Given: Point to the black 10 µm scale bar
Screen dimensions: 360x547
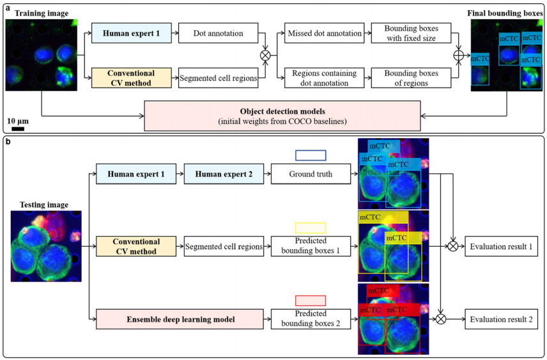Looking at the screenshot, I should (18, 129).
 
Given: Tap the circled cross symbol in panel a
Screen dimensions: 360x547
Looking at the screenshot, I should (265, 55).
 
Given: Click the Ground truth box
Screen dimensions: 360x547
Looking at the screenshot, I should (311, 173).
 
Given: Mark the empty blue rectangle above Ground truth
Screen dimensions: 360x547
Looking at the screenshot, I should (311, 155).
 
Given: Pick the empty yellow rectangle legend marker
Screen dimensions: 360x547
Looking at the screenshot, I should (311, 228).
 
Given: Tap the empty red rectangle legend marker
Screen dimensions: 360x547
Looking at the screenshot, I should (311, 300).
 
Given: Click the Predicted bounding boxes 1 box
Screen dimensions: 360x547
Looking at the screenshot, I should (311, 246).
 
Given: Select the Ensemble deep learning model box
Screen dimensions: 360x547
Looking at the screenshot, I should (180, 318).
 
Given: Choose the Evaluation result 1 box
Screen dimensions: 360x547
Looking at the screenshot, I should (499, 246).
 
